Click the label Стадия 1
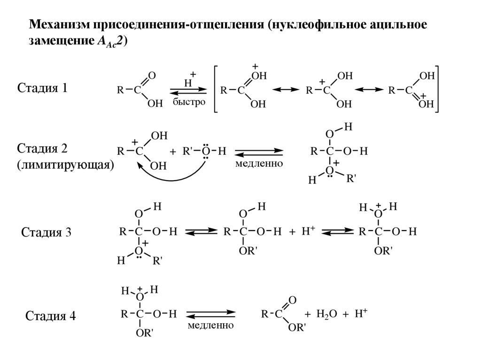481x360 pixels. click(x=42, y=88)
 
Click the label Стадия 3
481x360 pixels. click(x=46, y=232)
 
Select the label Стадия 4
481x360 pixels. click(x=50, y=316)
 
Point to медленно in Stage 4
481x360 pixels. click(x=210, y=325)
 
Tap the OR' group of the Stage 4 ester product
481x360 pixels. click(x=297, y=327)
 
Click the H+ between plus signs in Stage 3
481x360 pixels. click(x=308, y=231)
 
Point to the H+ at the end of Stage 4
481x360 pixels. click(x=361, y=314)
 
